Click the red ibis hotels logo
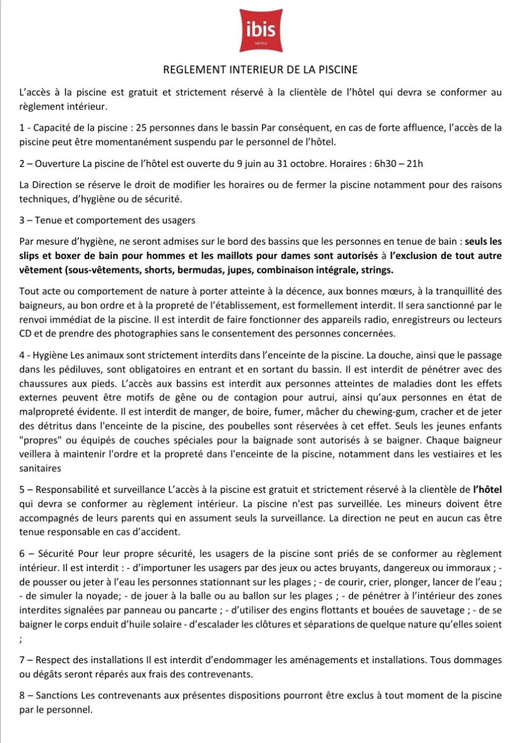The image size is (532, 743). [x=261, y=30]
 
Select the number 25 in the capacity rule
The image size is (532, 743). [x=141, y=128]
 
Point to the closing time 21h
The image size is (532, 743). [x=415, y=164]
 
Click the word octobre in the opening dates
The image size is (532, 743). [x=308, y=164]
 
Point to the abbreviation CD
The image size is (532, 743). [x=25, y=334]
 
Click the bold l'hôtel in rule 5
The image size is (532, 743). [x=487, y=490]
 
